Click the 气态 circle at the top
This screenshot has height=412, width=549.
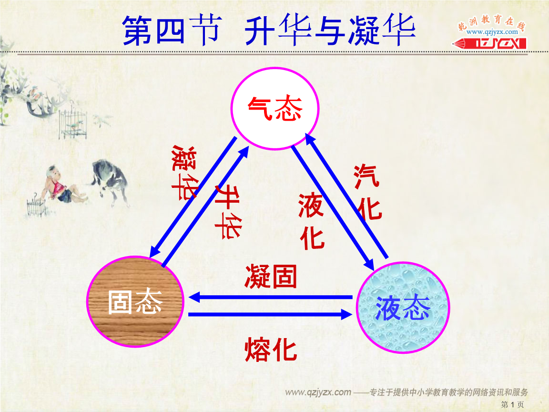275,108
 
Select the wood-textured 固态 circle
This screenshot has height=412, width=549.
135,302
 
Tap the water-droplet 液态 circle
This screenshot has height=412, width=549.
403,308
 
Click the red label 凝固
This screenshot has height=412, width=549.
271,277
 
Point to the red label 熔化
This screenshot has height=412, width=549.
271,350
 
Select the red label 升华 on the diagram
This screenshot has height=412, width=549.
228,212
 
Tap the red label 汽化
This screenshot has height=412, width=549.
367,192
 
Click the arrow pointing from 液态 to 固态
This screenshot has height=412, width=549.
270,298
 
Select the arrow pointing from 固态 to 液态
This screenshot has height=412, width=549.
270,314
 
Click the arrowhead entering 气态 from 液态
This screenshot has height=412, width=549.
310,139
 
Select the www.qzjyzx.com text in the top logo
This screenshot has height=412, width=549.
492,32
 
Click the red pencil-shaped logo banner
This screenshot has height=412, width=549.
489,43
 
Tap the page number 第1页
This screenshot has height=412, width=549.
512,405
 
